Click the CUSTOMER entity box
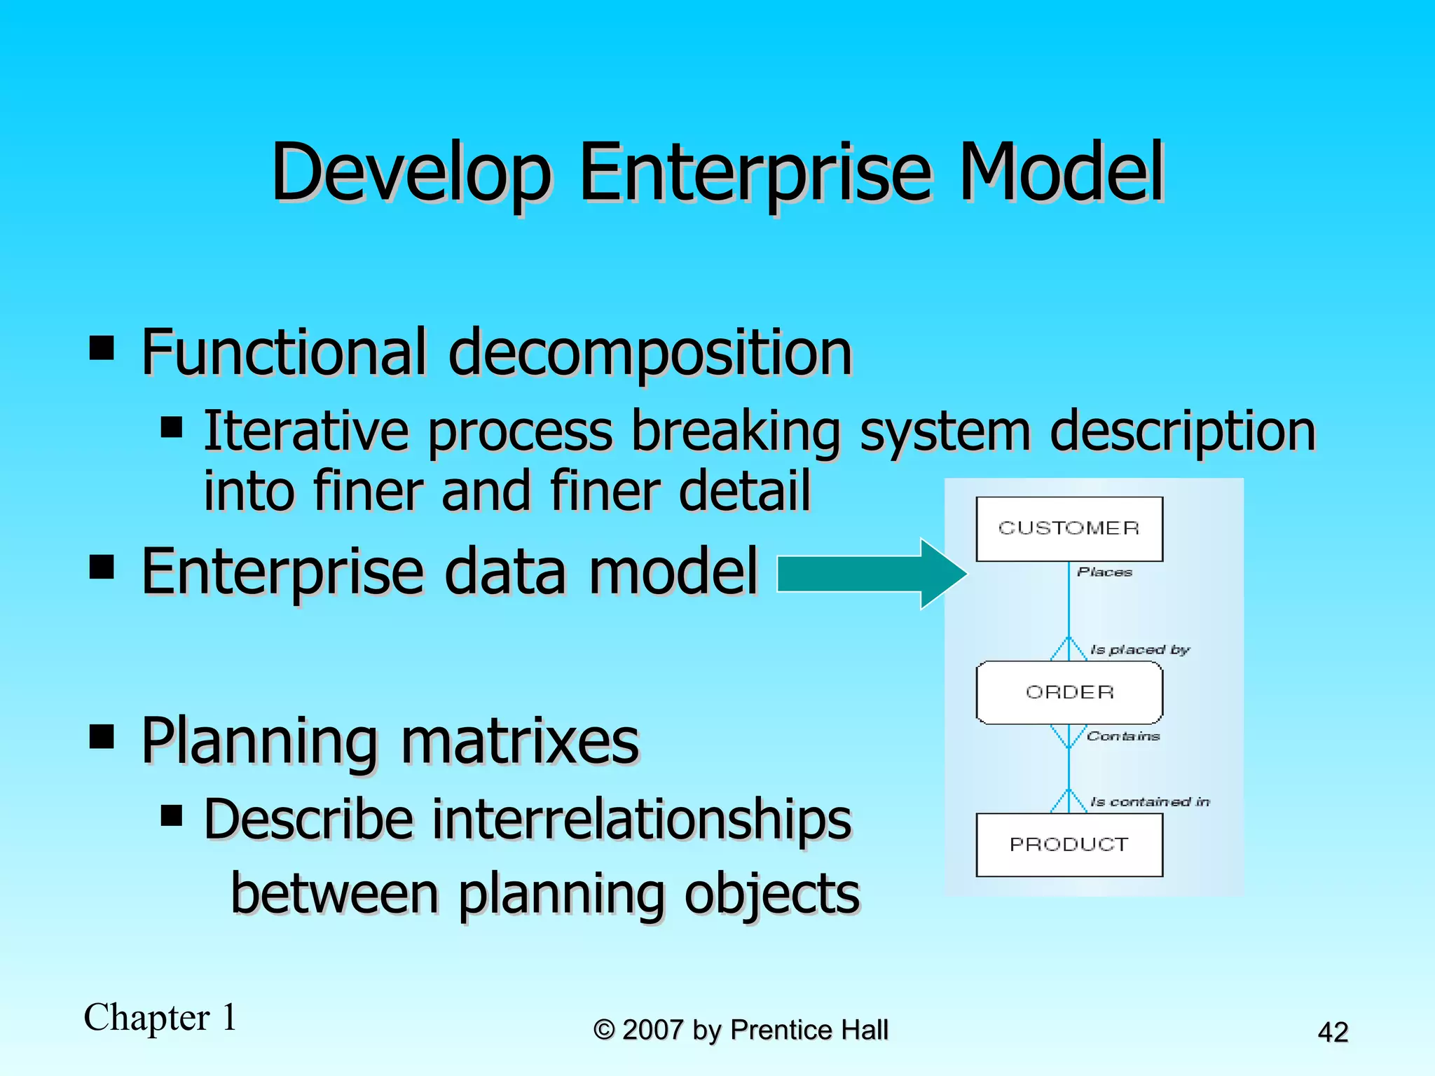(1069, 529)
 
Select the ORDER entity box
(1069, 692)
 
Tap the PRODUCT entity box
(1069, 845)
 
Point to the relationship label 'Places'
(1105, 572)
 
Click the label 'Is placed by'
(1140, 649)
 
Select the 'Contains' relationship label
(1123, 736)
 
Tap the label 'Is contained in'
(1150, 801)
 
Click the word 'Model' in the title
(1060, 172)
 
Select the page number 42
(1333, 1033)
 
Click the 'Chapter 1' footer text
(160, 1017)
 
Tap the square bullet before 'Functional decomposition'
(102, 347)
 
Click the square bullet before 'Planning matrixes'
(102, 736)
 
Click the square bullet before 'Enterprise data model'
(102, 567)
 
